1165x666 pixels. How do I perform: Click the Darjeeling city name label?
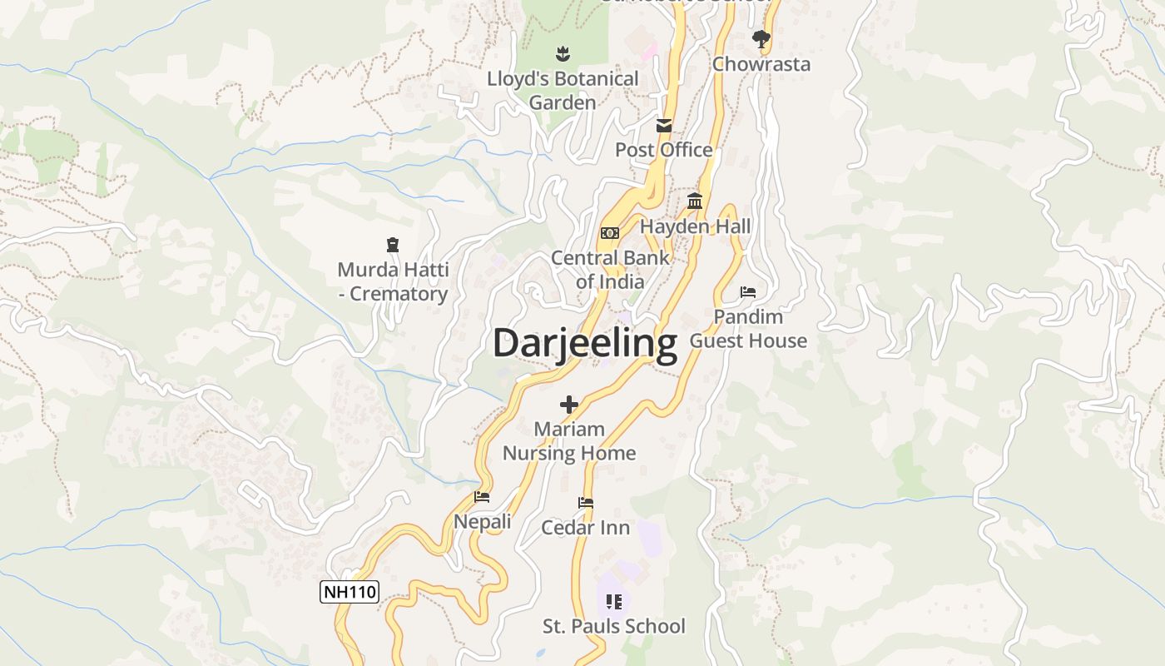point(585,343)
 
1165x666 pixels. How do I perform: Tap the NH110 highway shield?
point(349,592)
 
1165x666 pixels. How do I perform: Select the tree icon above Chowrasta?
point(761,38)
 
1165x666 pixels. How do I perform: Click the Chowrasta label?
point(761,64)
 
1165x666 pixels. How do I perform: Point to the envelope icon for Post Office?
point(664,126)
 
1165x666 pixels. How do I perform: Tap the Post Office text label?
point(664,150)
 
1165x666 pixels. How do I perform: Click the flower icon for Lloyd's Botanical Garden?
point(563,54)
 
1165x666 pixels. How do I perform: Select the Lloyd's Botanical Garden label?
point(563,91)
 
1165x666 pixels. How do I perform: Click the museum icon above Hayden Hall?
point(695,201)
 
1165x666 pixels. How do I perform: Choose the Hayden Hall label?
point(695,226)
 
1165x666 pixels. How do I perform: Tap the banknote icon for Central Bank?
point(610,233)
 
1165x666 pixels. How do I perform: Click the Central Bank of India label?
point(610,270)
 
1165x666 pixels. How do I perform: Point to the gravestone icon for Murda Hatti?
point(393,245)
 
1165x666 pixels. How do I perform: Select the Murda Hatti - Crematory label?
point(393,282)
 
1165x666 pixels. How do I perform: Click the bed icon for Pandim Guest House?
point(748,292)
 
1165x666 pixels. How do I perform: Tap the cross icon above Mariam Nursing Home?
point(569,405)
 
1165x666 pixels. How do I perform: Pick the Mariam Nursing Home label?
point(569,441)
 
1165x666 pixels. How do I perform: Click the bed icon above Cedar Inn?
point(586,503)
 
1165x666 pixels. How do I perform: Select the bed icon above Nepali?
point(482,497)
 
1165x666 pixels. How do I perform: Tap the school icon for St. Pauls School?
point(614,601)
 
